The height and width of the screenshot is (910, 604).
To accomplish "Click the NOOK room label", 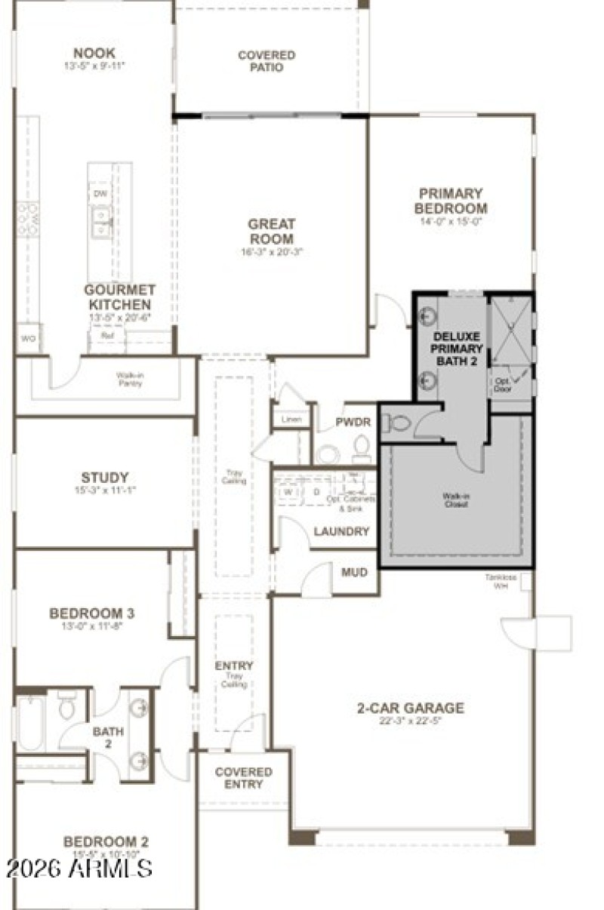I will [94, 53].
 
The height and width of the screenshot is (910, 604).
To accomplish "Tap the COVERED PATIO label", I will [267, 61].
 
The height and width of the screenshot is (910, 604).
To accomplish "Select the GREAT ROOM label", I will [272, 231].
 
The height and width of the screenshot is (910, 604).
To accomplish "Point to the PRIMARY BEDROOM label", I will [451, 201].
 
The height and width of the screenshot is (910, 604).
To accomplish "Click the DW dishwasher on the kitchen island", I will [100, 194].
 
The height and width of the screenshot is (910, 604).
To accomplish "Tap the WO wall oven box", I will [29, 339].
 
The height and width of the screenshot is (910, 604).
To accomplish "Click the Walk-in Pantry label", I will [129, 379].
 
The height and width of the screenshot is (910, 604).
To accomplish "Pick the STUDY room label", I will [105, 478].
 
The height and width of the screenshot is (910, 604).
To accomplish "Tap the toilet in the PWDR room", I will [362, 449].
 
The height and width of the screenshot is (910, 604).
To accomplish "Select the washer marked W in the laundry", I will [288, 492].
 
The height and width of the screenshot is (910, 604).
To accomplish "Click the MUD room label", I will [354, 573].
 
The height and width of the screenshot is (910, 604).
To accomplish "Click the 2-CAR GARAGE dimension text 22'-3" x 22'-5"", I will [411, 721].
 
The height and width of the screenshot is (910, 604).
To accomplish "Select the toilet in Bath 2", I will [66, 706].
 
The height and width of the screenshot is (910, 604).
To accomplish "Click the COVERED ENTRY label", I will [243, 778].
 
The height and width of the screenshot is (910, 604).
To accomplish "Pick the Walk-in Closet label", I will [455, 500].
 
